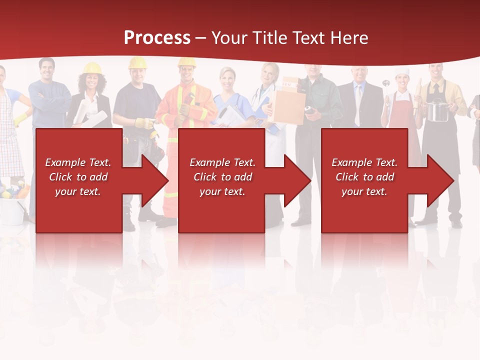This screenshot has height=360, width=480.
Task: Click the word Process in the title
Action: tap(157, 37)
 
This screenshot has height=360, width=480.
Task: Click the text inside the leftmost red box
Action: tap(78, 177)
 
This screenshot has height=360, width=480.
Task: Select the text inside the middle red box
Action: tap(222, 177)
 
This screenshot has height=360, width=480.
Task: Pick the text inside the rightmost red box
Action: tap(364, 177)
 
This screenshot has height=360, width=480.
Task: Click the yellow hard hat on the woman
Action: tap(92, 68)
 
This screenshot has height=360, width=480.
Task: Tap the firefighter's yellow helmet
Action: tap(186, 62)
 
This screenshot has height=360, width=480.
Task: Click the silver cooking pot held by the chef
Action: tap(437, 110)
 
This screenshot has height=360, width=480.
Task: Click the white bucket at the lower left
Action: tap(12, 210)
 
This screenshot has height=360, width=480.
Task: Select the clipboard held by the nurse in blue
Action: tap(231, 116)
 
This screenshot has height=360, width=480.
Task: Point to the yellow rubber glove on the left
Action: tap(21, 119)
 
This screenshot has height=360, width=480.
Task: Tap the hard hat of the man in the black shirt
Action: tap(137, 62)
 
